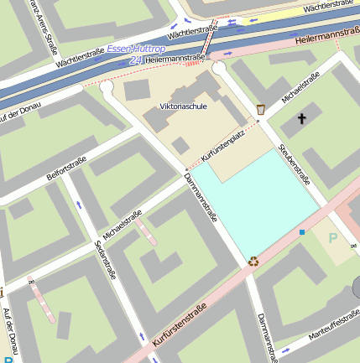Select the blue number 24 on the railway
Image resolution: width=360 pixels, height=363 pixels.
pos(136,61)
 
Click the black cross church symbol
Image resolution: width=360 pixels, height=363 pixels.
pos(300,119)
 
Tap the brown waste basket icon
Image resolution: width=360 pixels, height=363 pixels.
pos(261,109)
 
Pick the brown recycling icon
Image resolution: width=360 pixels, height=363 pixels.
pos(253,262)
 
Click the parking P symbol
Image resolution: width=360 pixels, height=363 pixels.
pos(332,239)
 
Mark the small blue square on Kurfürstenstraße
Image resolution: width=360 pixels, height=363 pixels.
pos(302,231)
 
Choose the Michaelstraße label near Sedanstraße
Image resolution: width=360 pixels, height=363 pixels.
pos(120,223)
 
